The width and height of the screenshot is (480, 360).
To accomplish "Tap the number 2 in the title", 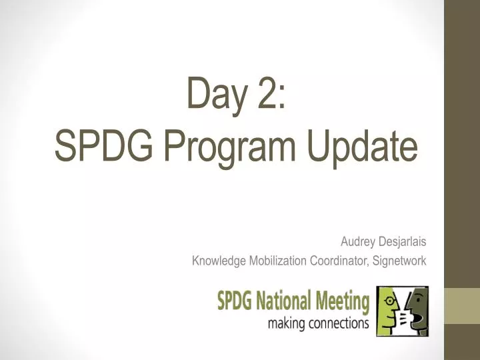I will [269, 93].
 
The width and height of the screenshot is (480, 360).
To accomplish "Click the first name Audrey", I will [357, 242].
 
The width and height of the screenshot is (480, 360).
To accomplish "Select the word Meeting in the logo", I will [343, 302].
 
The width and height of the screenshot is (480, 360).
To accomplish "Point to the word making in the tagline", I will [285, 324].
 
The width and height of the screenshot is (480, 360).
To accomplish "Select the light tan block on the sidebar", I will [462, 306].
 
